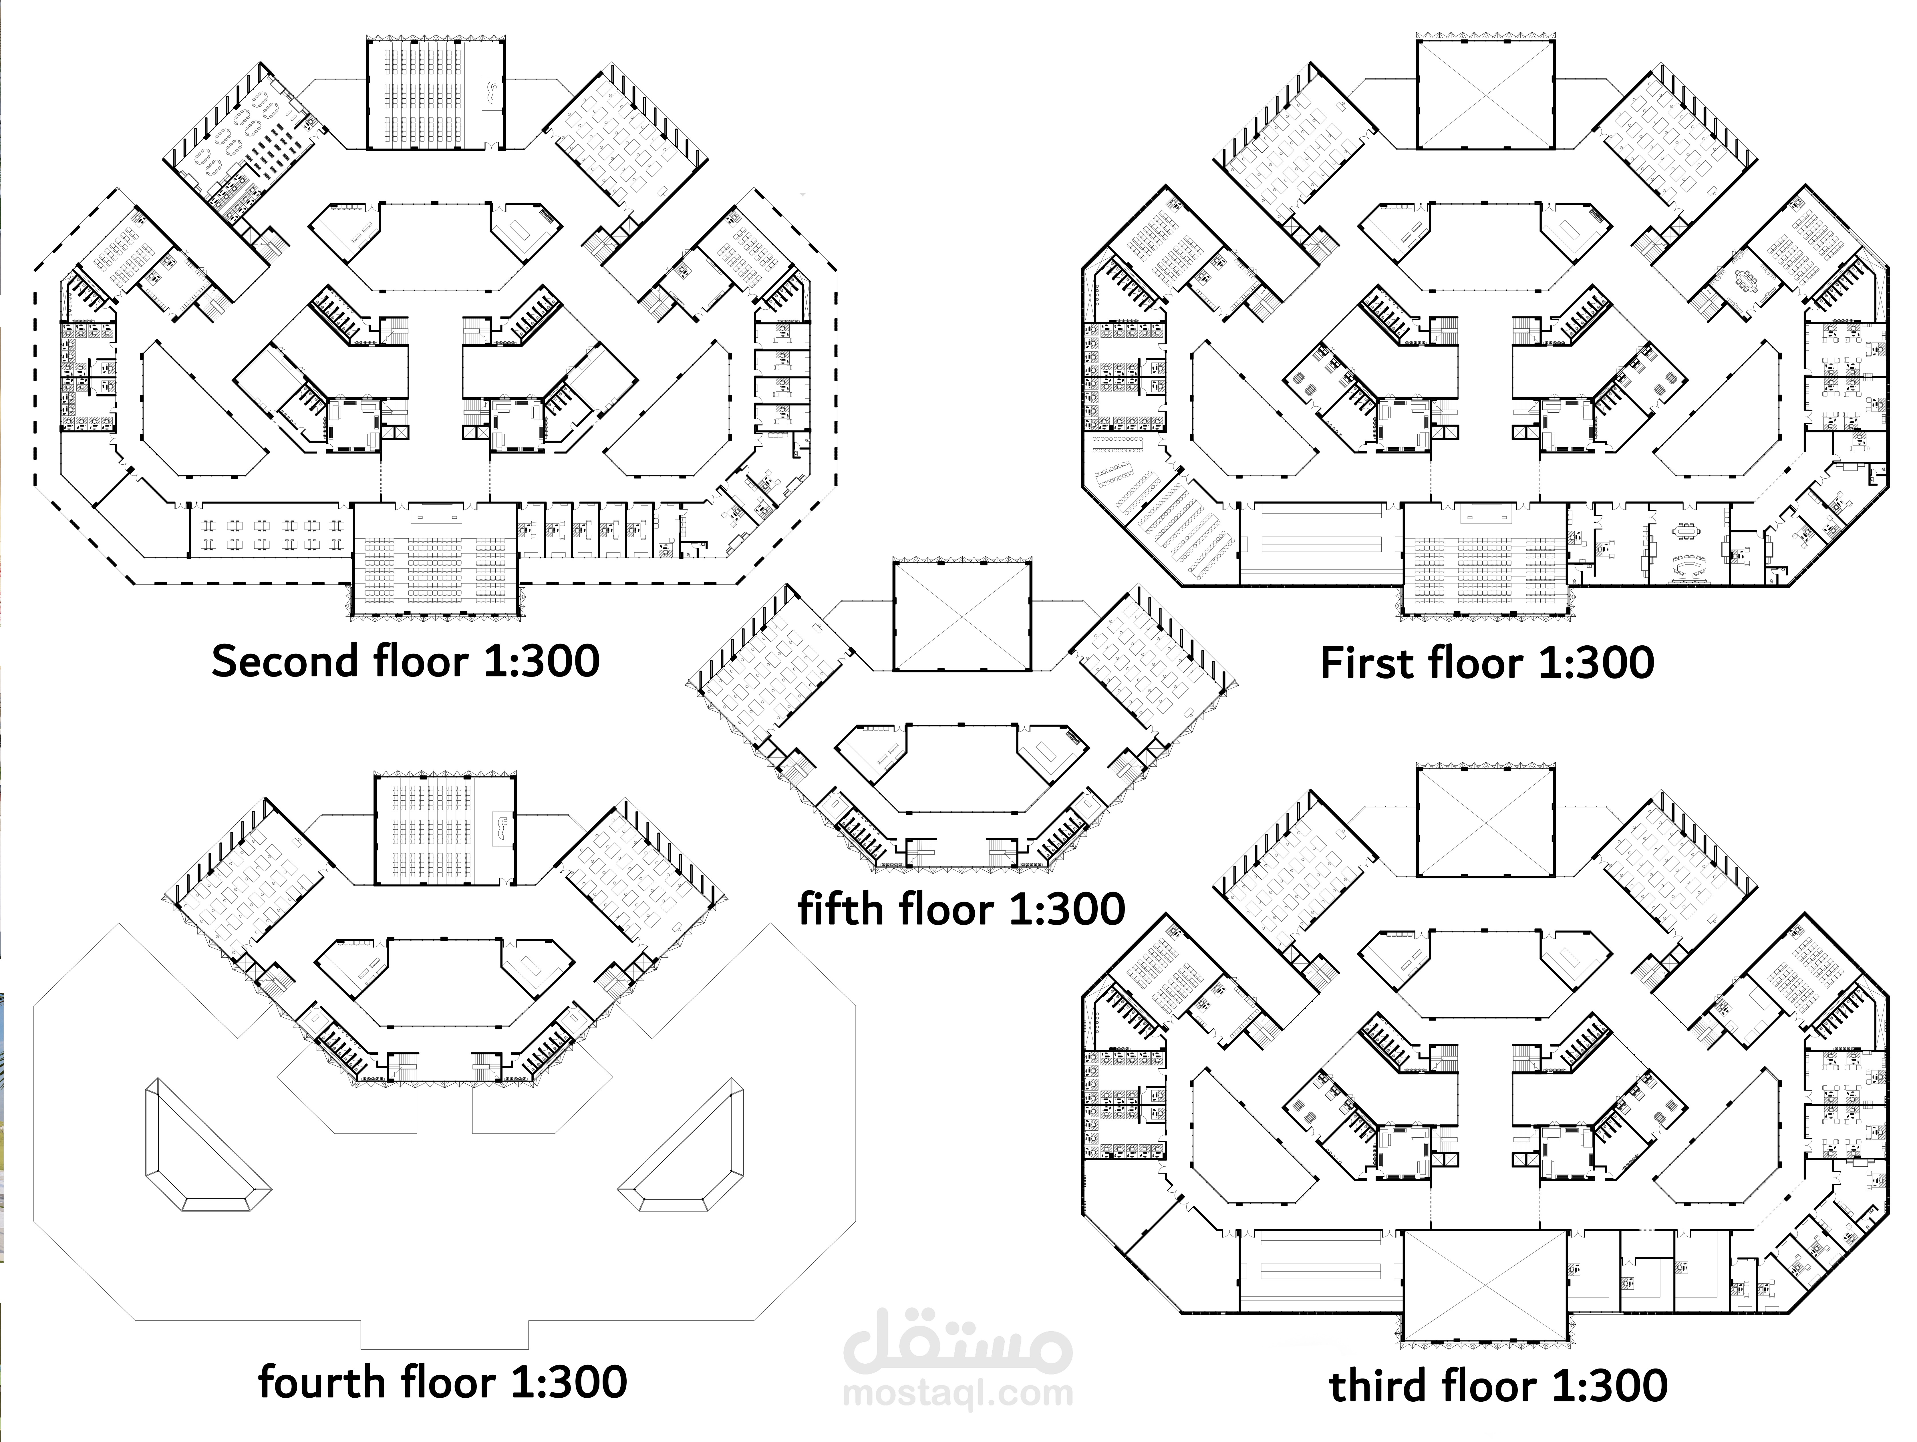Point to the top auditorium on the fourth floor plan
tap(445, 829)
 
